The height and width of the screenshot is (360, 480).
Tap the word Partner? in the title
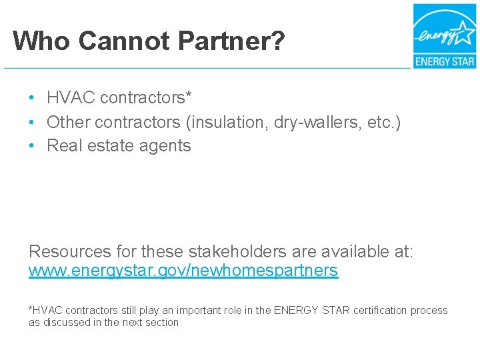point(231,41)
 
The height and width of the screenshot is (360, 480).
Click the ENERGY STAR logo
point(443,36)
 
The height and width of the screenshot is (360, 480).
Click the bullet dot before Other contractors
point(32,123)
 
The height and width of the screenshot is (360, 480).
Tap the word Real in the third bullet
point(62,146)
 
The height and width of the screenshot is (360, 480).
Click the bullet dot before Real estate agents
point(32,146)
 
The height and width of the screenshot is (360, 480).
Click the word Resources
point(70,252)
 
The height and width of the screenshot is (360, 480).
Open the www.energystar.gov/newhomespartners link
point(183,271)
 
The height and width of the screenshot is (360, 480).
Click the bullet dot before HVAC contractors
point(32,98)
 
